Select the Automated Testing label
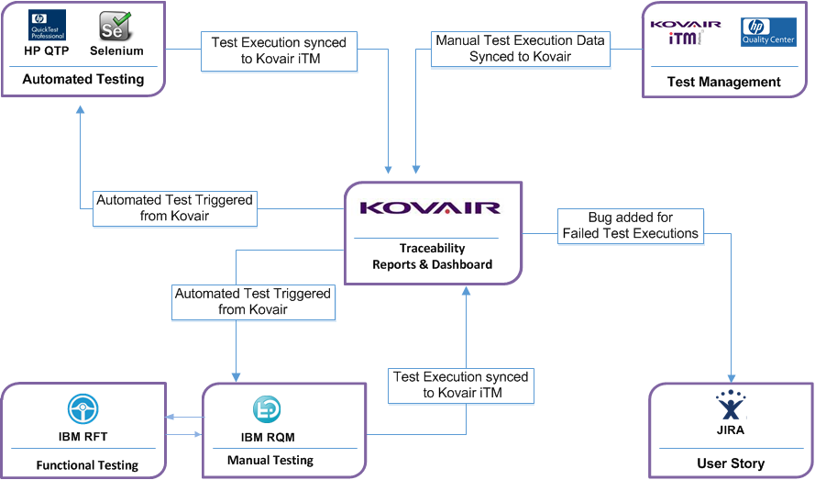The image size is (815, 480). point(83,79)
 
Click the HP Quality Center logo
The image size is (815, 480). point(768,32)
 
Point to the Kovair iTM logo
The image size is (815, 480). point(686,32)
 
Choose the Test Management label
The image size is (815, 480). point(724,82)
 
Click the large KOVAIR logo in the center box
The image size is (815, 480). point(431,208)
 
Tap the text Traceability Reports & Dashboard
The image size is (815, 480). point(432,256)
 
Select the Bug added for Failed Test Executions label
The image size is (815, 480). point(631,226)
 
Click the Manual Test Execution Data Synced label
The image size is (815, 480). point(520,49)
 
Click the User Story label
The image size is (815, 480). point(731,463)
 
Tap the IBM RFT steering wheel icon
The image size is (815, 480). point(83,409)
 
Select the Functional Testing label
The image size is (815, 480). point(87,465)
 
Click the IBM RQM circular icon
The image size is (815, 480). point(267,409)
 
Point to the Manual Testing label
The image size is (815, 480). point(270,460)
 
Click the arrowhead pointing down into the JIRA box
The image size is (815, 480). point(731,378)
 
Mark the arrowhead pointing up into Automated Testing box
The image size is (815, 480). point(80,108)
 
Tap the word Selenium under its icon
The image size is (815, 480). point(116,51)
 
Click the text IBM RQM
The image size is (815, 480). point(268,437)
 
